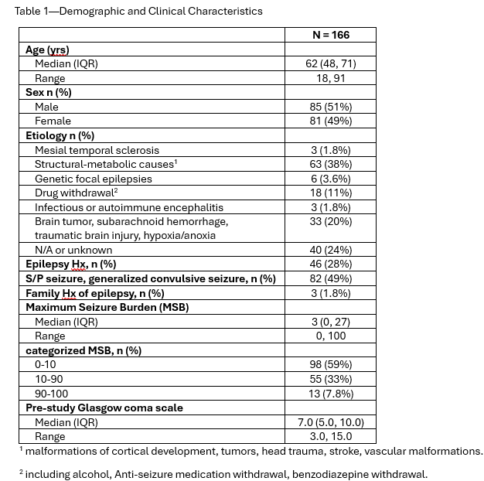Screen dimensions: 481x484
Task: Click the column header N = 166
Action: pyautogui.click(x=330, y=35)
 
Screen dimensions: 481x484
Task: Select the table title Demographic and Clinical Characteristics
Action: pyautogui.click(x=138, y=11)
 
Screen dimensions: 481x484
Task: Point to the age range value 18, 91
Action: pyautogui.click(x=330, y=78)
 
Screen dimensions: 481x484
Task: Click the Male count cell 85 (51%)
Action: pyautogui.click(x=330, y=107)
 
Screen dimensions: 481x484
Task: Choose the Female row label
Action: pyautogui.click(x=53, y=121)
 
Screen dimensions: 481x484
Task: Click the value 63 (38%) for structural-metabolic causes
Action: pyautogui.click(x=330, y=164)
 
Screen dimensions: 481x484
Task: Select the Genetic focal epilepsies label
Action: pyautogui.click(x=94, y=178)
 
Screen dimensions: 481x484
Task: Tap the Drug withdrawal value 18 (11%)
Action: pyautogui.click(x=330, y=193)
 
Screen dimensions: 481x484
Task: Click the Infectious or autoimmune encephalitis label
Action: pyautogui.click(x=129, y=206)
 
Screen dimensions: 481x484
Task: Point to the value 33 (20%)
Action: pyautogui.click(x=330, y=221)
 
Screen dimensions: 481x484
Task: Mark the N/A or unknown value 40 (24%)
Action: pyautogui.click(x=330, y=250)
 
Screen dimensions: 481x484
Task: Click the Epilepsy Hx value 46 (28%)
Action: pyautogui.click(x=330, y=264)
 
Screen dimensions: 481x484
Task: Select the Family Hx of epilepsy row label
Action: pyautogui.click(x=94, y=293)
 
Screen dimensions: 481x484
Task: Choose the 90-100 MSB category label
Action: pyautogui.click(x=51, y=393)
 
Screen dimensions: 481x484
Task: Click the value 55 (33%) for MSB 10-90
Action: pyautogui.click(x=330, y=379)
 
